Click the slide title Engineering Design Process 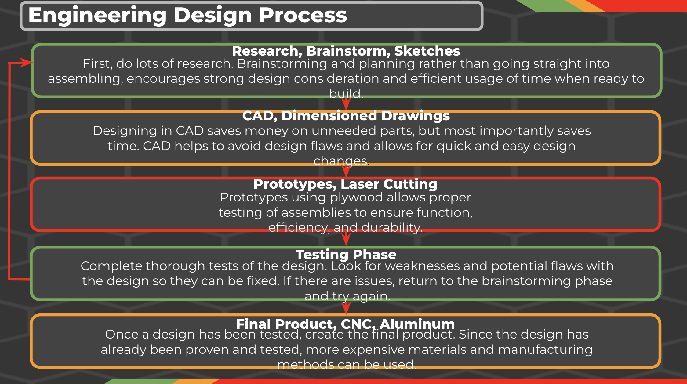(x=187, y=16)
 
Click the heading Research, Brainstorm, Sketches (x=346, y=51)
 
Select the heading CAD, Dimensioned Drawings (x=346, y=116)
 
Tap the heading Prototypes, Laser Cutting (x=345, y=184)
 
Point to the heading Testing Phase (x=346, y=255)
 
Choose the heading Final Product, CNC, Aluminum (x=345, y=324)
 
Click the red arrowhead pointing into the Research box (x=26, y=63)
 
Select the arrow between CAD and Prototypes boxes (x=346, y=171)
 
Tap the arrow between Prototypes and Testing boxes (x=346, y=238)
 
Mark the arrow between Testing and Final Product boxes (x=346, y=307)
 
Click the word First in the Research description (x=98, y=63)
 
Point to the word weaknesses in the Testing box (x=422, y=266)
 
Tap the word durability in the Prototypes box (x=392, y=228)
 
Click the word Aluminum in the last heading (x=417, y=324)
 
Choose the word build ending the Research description (x=346, y=93)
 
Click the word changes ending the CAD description (x=341, y=161)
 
